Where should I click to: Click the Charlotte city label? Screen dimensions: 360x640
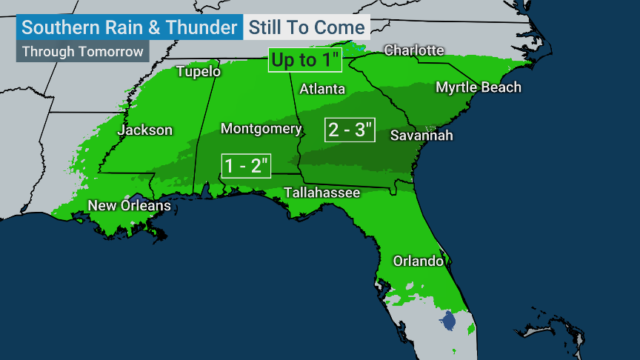[414, 50]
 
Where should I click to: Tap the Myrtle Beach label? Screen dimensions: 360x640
[478, 87]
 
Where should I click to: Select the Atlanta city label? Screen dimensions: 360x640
[322, 89]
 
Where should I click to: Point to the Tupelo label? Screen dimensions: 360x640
[199, 72]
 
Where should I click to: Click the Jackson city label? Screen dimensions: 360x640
[145, 130]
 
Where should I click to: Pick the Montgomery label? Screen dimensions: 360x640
[261, 129]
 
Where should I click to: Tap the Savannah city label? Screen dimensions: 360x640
[421, 136]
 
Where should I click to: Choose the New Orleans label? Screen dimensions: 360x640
[130, 205]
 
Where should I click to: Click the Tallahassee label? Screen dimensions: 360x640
[322, 193]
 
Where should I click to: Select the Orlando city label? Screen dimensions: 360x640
[419, 261]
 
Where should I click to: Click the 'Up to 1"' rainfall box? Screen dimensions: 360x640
[305, 61]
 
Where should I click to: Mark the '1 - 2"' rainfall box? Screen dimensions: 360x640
[247, 165]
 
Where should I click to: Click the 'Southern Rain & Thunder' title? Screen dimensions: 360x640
[129, 28]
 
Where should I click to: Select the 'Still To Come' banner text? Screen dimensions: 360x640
[307, 28]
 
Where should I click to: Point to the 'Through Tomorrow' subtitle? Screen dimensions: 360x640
[81, 52]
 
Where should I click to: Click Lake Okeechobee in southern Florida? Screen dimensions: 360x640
[447, 322]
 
